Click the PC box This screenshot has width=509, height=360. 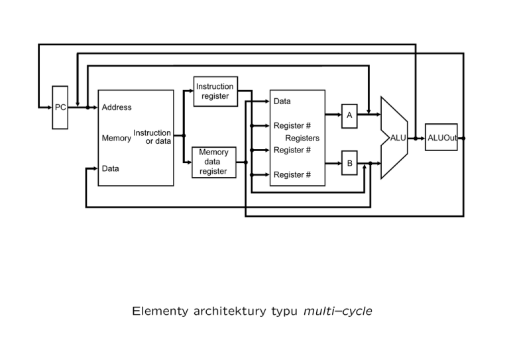[x=60, y=107]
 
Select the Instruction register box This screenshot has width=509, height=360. [x=215, y=91]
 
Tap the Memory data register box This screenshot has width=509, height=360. [x=213, y=162]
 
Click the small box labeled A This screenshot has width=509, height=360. [x=349, y=115]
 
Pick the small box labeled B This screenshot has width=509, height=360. [x=349, y=162]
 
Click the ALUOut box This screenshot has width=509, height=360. [x=441, y=138]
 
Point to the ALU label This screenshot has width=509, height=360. [x=398, y=138]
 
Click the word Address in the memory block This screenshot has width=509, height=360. [x=117, y=107]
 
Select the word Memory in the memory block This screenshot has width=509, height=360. [x=116, y=139]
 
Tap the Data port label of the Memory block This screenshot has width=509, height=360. [x=111, y=168]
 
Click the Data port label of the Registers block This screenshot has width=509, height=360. [x=282, y=101]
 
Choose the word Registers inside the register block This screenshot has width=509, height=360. [x=302, y=138]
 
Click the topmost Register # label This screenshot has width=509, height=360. [x=292, y=125]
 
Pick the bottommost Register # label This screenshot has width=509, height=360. [x=292, y=174]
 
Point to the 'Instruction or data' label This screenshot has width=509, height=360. [x=152, y=137]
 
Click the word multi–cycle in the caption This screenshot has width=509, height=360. [x=337, y=310]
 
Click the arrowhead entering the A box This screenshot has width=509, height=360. [x=339, y=115]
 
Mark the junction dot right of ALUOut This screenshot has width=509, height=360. [x=463, y=139]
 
